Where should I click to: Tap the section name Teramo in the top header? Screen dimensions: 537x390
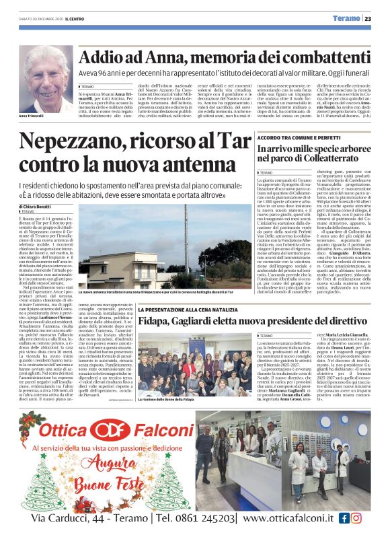pos(348,18)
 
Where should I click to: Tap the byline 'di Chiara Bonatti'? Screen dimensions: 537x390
pos(36,205)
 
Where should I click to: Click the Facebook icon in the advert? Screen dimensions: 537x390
pos(344,518)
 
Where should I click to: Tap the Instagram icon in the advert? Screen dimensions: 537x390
pos(356,518)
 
